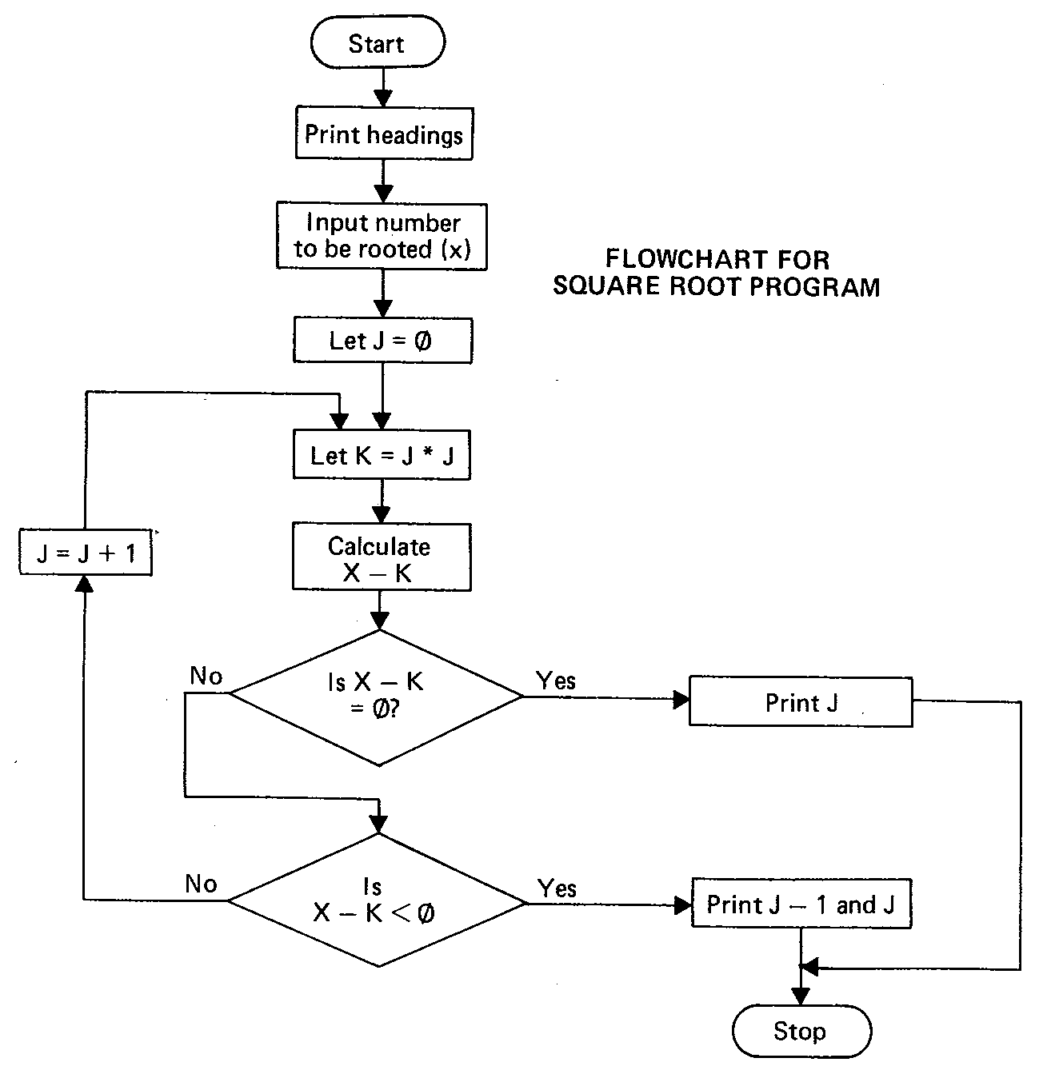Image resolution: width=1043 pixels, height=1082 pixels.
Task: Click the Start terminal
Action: point(377,44)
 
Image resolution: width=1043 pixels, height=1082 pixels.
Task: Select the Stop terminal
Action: point(801,1031)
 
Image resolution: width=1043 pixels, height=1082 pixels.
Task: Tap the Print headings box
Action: point(383,134)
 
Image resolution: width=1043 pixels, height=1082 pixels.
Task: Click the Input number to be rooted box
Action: point(382,236)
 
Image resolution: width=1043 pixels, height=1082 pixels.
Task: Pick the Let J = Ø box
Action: point(382,341)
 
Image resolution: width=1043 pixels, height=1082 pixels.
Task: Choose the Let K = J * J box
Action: point(382,456)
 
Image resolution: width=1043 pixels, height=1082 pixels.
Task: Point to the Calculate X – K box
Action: point(381,558)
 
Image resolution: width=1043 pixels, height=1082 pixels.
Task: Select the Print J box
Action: point(801,702)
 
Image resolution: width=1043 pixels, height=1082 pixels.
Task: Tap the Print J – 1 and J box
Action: point(801,904)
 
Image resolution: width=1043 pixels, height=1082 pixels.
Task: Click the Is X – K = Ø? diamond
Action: point(376,696)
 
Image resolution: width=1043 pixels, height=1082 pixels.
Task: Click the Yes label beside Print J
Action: point(556,681)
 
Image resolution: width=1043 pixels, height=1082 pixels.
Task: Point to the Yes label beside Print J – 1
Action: point(557,888)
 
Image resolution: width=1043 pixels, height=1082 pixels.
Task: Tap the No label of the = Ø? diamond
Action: point(206,677)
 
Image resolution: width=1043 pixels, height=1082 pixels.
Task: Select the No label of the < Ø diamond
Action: point(201,884)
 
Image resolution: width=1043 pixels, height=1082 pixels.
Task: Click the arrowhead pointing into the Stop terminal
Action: point(800,996)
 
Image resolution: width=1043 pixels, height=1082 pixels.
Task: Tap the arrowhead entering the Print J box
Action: point(681,701)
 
